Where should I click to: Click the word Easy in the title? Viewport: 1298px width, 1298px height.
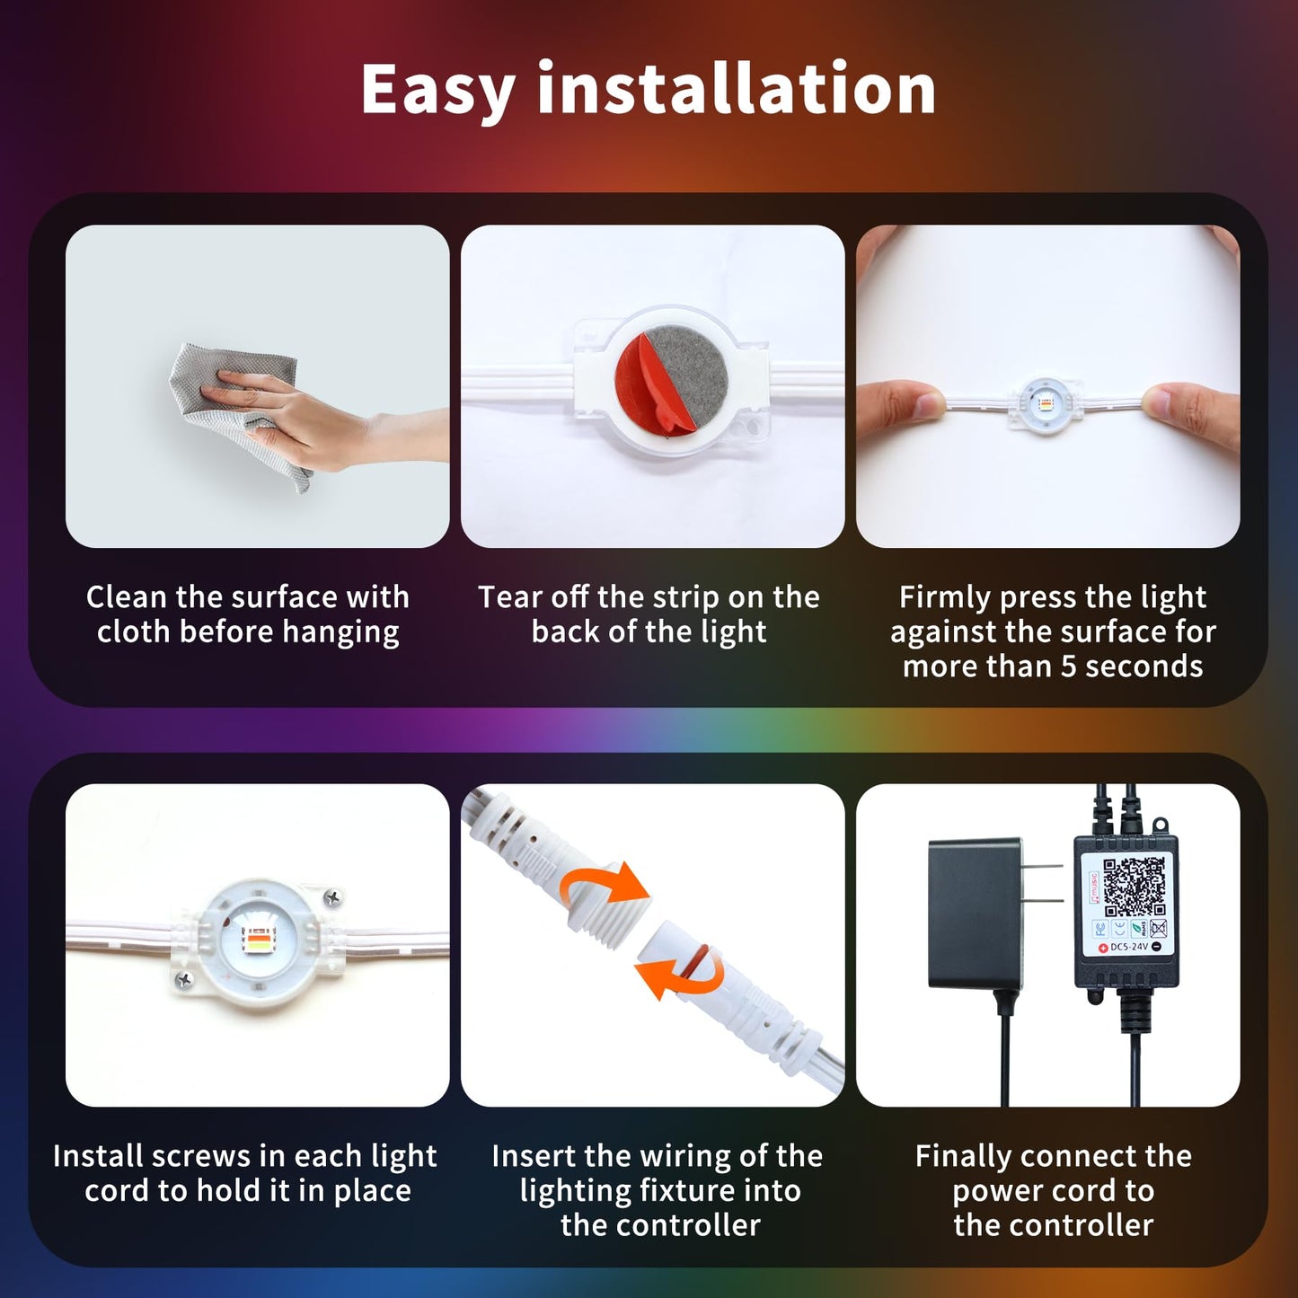point(437,92)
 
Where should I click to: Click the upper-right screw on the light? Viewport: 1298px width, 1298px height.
point(332,896)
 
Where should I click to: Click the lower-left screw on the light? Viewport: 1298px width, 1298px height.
point(184,980)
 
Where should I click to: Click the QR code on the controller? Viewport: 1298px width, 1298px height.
point(1134,887)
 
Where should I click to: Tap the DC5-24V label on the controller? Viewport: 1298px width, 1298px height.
point(1129,947)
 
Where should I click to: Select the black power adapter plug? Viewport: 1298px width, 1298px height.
point(975,912)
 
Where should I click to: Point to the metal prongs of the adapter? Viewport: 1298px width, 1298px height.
point(1043,886)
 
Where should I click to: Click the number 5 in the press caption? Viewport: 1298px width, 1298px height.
point(1069,667)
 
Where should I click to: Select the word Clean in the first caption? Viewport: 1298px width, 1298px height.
point(127,597)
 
